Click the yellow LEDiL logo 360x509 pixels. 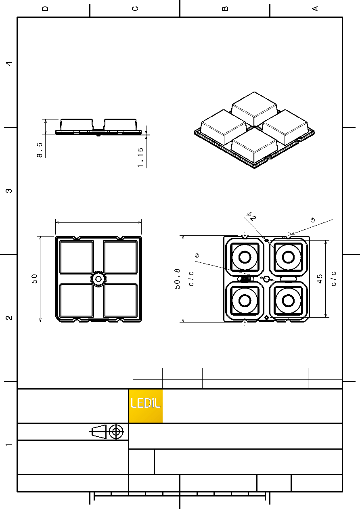tap(146, 406)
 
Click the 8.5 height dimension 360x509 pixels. tap(40, 150)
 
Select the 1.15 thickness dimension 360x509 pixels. tap(140, 158)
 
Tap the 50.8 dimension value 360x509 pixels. tap(177, 279)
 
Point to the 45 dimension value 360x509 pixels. tap(320, 279)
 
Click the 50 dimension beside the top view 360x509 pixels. tap(34, 279)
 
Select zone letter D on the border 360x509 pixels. tap(45, 8)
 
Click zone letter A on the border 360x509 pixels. tap(315, 8)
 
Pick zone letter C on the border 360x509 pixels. tap(135, 8)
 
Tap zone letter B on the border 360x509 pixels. tap(225, 8)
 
